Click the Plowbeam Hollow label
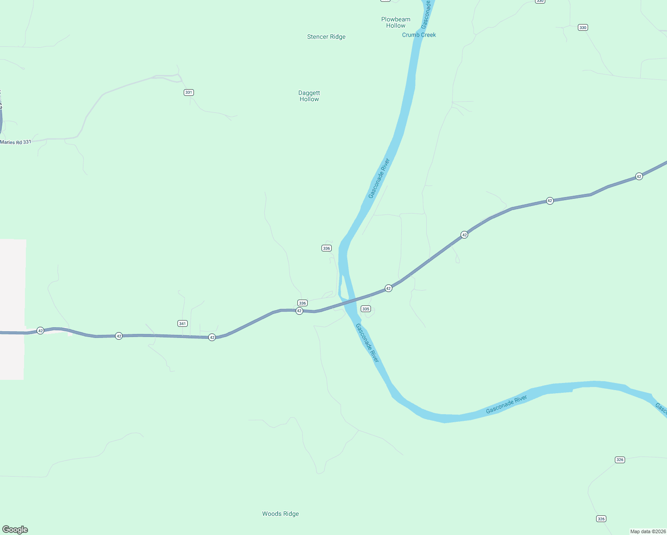point(395,22)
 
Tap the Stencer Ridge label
point(326,37)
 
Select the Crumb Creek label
point(419,35)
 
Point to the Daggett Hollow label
point(309,96)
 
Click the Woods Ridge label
point(280,514)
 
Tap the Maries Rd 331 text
point(16,142)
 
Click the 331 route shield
point(189,92)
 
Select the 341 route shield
point(182,323)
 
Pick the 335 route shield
point(366,309)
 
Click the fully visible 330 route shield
point(583,28)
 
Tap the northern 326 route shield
point(620,460)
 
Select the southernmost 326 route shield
point(601,519)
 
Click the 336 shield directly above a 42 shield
point(302,303)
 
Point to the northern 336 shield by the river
point(326,248)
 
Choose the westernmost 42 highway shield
point(41,330)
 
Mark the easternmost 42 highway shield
point(639,176)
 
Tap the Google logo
point(15,530)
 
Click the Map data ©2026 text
point(647,531)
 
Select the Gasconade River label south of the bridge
point(367,343)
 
